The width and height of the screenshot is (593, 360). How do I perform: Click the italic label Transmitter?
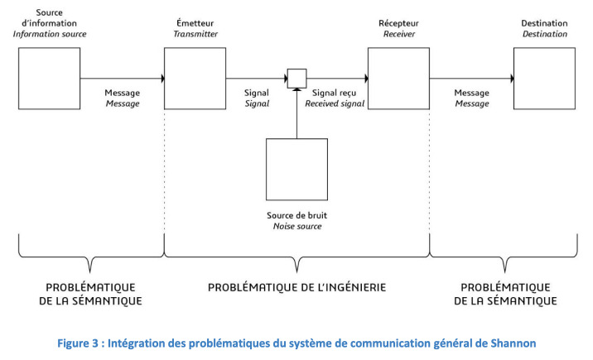[x=195, y=34]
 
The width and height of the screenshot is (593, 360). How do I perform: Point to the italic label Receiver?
[x=399, y=34]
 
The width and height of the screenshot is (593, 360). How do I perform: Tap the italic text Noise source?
[x=297, y=226]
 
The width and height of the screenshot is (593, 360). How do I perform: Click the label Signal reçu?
[x=334, y=93]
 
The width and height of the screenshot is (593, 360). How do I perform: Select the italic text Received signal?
[x=335, y=103]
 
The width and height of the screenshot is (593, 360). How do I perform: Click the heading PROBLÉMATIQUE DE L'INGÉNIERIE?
[x=296, y=287]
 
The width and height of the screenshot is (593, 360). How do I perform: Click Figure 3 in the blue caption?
[x=78, y=343]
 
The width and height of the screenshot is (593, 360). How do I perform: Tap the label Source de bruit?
[x=296, y=215]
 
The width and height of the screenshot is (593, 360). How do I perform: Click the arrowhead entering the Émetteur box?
[x=162, y=79]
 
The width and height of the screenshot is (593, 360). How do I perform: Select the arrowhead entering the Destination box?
[x=512, y=79]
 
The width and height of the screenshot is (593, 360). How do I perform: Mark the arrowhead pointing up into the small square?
[x=296, y=89]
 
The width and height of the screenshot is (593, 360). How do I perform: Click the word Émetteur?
[x=195, y=23]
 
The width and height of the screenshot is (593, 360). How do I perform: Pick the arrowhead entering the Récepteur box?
[x=366, y=79]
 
